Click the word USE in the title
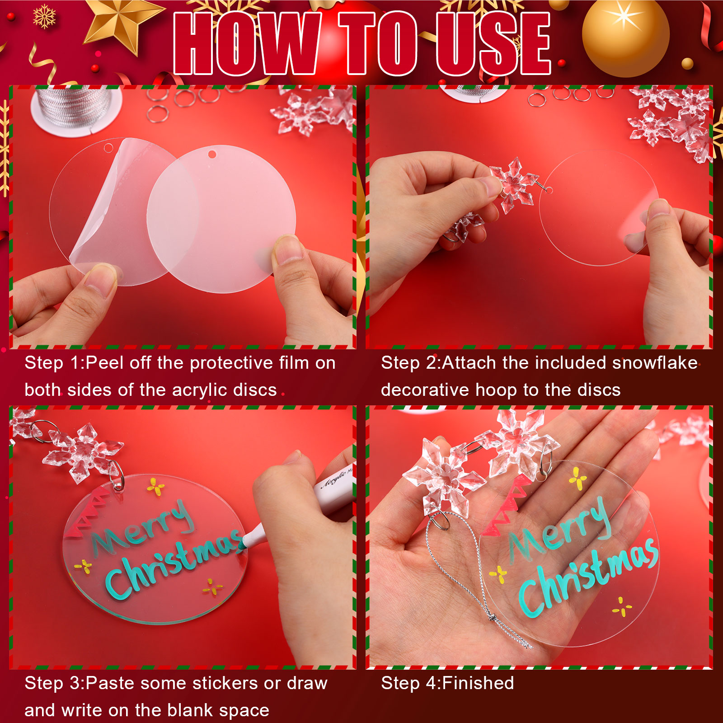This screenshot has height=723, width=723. coord(493,43)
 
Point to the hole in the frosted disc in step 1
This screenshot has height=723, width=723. coord(212,154)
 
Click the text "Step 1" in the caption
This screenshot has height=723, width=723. coord(54,363)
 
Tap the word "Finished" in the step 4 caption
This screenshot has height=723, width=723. coord(479,683)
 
